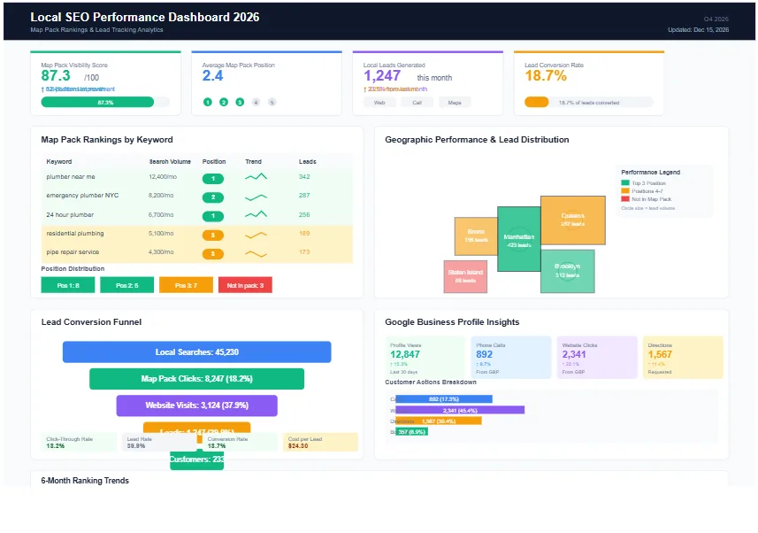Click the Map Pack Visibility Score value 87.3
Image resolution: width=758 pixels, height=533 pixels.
(x=56, y=76)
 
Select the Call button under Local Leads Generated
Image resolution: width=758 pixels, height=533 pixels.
(x=417, y=103)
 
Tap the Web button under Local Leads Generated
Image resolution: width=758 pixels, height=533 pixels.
(x=379, y=103)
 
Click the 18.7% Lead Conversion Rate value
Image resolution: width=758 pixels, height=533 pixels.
(x=546, y=76)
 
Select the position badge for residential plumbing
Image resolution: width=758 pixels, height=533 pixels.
(x=212, y=235)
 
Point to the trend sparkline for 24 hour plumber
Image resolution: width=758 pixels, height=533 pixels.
(x=256, y=215)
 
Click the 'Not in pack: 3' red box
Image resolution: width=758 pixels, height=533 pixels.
(x=245, y=285)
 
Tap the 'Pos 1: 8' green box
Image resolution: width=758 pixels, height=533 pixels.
(x=67, y=285)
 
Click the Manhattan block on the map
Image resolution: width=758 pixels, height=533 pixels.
(x=518, y=238)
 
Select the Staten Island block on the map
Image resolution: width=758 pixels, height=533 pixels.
(x=465, y=276)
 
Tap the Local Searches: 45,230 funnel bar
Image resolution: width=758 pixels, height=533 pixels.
(x=196, y=352)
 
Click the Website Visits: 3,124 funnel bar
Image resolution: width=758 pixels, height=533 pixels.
(x=196, y=406)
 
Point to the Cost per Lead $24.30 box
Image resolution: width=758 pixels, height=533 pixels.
(x=320, y=442)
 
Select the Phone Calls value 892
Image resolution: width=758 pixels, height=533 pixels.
(x=485, y=354)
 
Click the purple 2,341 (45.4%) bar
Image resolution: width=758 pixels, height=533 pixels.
(x=460, y=410)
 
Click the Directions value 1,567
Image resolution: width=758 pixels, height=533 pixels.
(x=660, y=354)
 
